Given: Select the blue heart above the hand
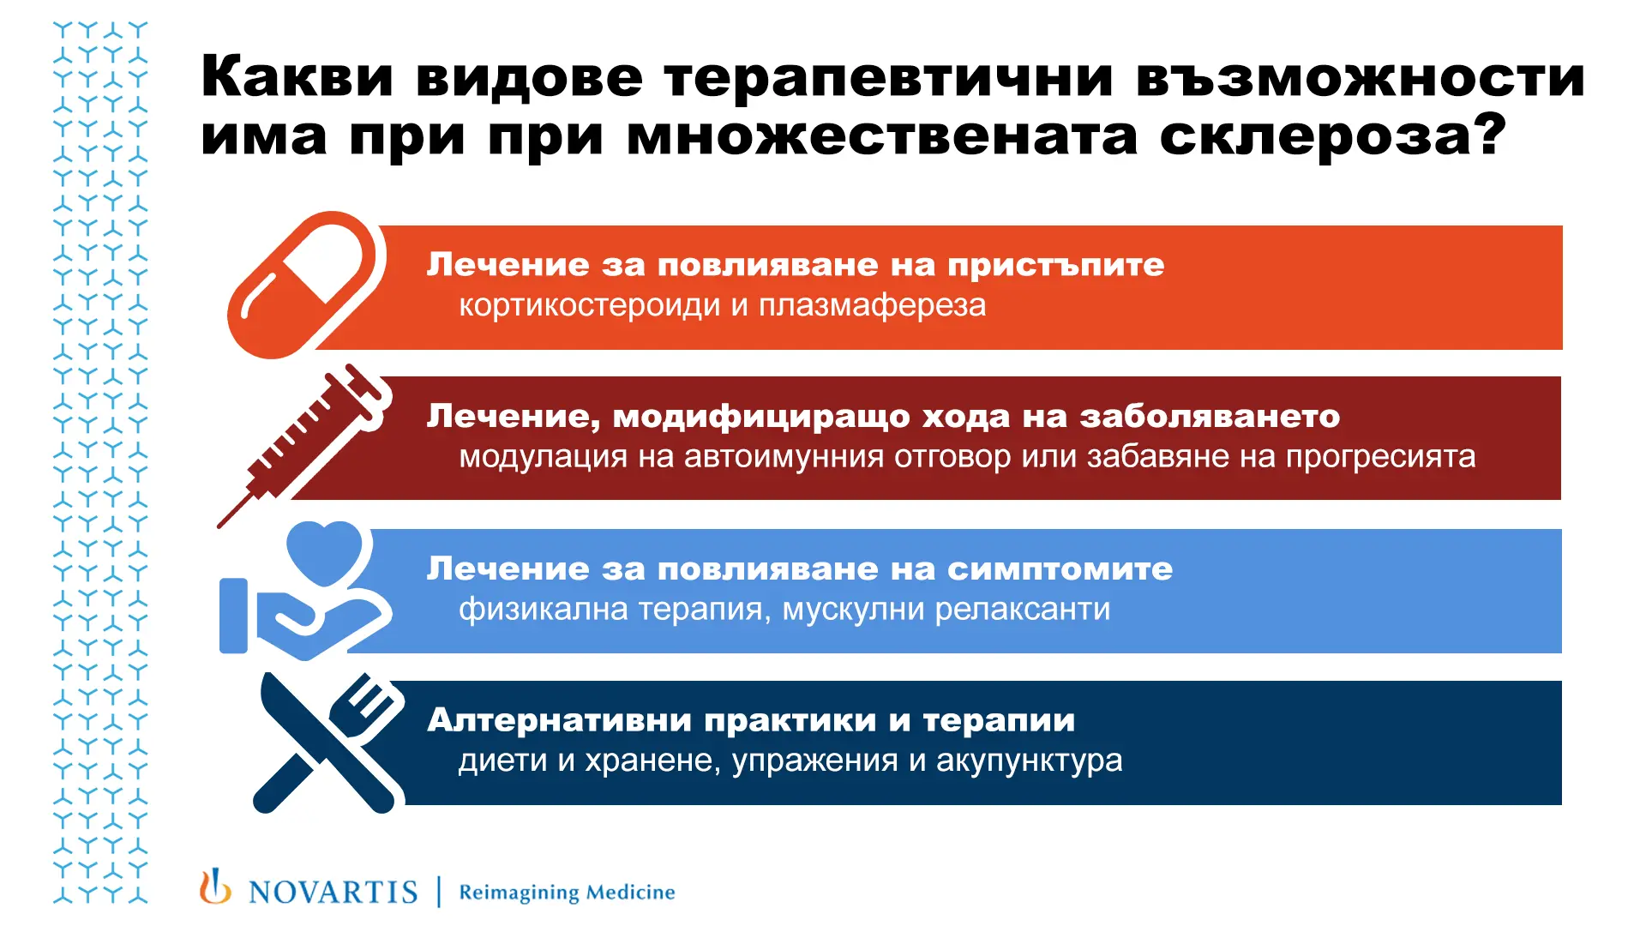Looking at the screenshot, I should (x=324, y=551).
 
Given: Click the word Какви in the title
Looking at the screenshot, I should (x=297, y=77).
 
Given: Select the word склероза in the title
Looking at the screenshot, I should (x=1315, y=136).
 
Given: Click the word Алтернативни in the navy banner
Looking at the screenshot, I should (x=558, y=720).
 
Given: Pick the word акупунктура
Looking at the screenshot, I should (x=1029, y=761).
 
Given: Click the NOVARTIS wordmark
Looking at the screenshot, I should (x=333, y=893).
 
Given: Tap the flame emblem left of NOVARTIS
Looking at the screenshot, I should (x=215, y=887).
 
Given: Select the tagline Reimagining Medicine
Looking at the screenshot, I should (x=567, y=893).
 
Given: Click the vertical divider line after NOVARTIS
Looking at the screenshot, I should (x=439, y=892).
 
